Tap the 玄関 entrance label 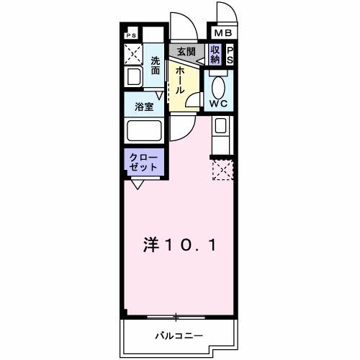pos(186,51)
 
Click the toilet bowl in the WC pos(219,85)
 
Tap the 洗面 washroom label pos(156,66)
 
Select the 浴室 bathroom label pos(144,107)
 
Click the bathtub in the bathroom pos(144,132)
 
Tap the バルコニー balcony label pos(179,336)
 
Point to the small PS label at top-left pos(130,35)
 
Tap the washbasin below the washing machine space pos(133,77)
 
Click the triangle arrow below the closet pos(135,184)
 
